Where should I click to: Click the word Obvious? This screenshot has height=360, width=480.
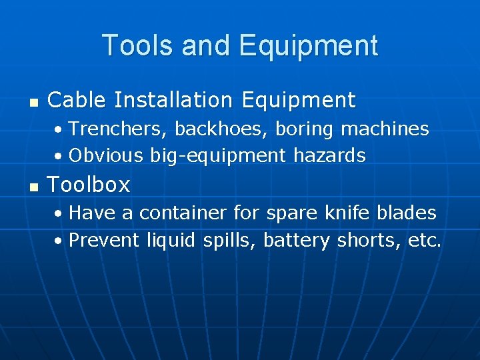click(x=106, y=155)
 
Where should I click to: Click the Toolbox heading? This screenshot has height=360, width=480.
click(x=89, y=184)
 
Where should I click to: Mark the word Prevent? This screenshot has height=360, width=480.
click(x=104, y=240)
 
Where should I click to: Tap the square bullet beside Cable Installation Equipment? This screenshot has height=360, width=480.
click(x=34, y=103)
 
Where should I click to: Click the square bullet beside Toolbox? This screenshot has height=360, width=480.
click(x=34, y=187)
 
